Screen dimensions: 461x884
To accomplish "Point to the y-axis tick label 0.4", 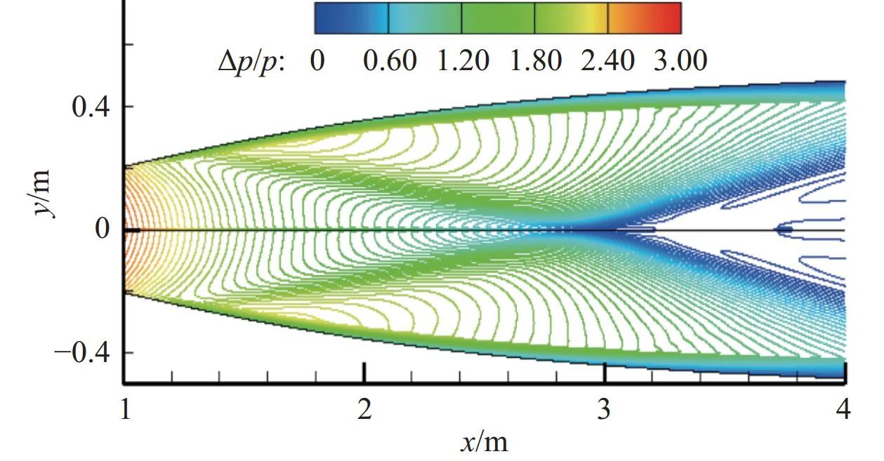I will (93, 107).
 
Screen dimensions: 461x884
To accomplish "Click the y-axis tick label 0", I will (103, 229).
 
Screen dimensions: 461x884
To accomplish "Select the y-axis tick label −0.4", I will (84, 352).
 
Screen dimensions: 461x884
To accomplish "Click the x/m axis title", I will (484, 442).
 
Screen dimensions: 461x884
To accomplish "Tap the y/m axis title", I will (44, 193).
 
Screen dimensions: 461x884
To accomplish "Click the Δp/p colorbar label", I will (251, 62).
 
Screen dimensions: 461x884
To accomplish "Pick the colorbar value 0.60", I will (390, 62).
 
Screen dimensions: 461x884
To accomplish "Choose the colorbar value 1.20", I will (463, 62).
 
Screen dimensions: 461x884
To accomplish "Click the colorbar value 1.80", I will (536, 62).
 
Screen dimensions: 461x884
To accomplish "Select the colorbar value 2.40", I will (608, 62).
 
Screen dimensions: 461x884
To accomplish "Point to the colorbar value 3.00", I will (680, 62).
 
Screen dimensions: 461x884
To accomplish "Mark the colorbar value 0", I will (317, 62).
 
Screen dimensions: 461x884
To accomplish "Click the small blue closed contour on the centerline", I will (784, 229).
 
